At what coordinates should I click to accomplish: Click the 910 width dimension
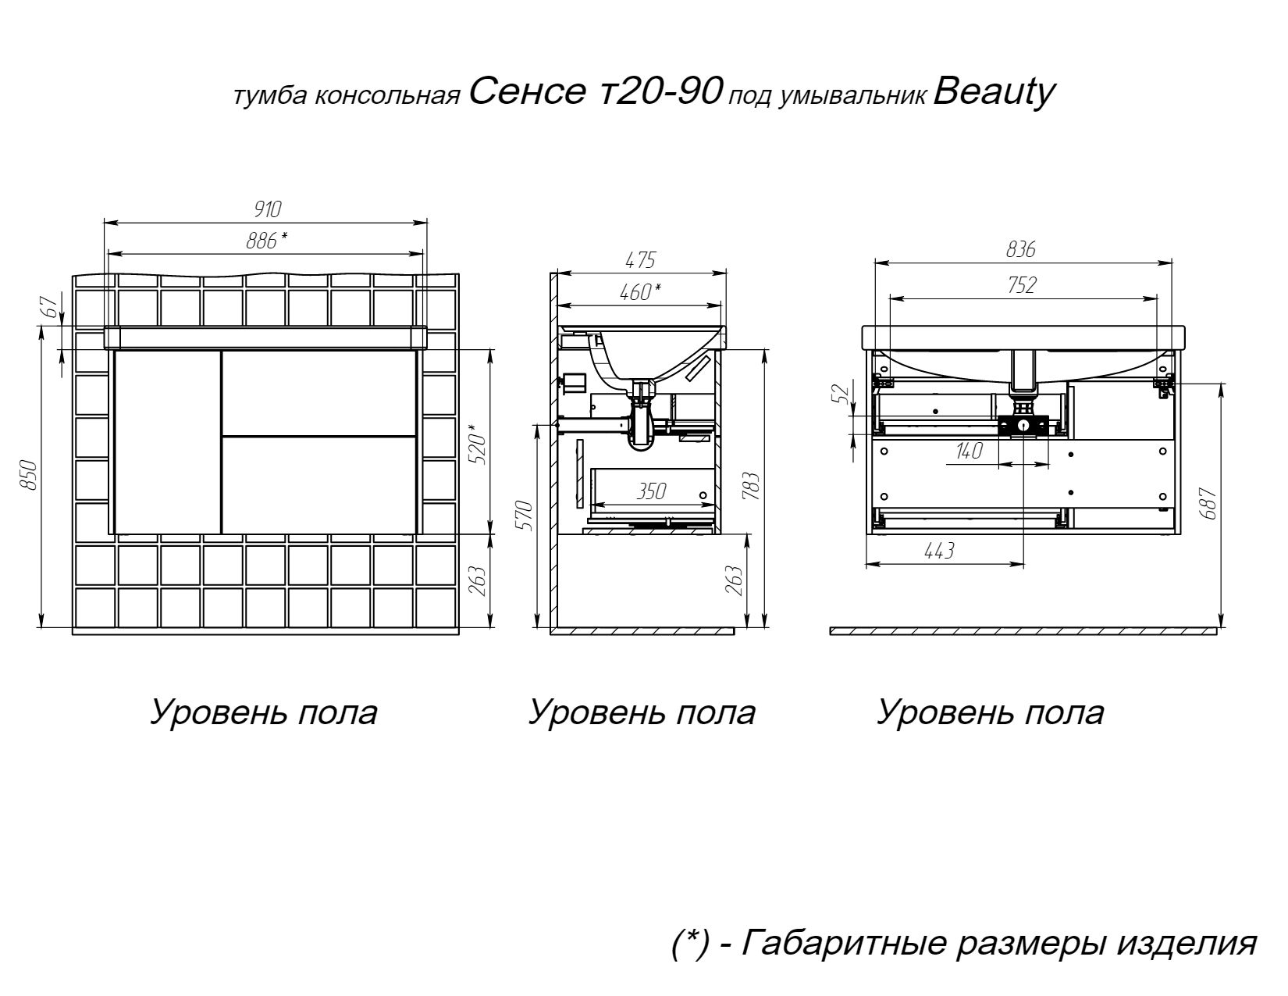click(267, 209)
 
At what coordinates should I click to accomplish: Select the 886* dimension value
click(267, 241)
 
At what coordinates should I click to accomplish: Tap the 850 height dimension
click(28, 475)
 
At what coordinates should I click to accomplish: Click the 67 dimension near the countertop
click(52, 307)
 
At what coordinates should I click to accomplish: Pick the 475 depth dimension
click(640, 260)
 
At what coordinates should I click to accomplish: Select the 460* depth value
click(640, 291)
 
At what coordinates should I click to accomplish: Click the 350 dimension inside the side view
click(651, 491)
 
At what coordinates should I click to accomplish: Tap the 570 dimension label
click(525, 516)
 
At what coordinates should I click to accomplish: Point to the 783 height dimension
click(751, 486)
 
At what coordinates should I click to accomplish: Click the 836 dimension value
click(1021, 250)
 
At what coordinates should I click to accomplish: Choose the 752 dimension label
click(1022, 285)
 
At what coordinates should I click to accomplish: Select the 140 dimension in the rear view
click(969, 451)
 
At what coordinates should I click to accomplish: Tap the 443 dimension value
click(940, 551)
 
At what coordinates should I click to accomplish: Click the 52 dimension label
click(841, 393)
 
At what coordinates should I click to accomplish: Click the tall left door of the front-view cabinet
click(168, 442)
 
